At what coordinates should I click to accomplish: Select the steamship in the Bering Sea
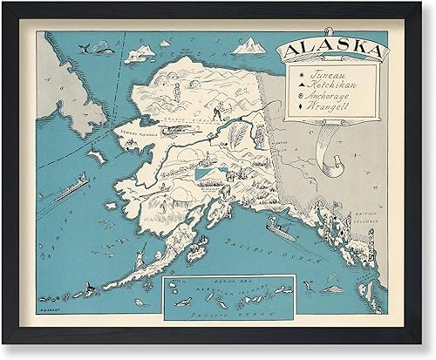tap(71, 187)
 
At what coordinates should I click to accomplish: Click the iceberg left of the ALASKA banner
tap(251, 44)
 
